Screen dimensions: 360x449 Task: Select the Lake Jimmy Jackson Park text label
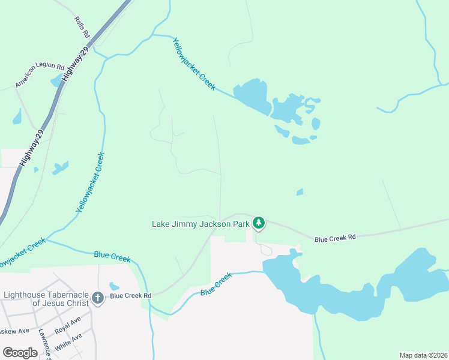(x=200, y=224)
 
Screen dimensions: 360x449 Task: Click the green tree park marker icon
(x=259, y=223)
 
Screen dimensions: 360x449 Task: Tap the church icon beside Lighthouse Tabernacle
(x=99, y=296)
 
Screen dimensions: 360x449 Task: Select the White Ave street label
(x=68, y=344)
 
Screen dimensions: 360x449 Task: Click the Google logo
(x=20, y=353)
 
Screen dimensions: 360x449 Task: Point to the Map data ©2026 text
(x=423, y=355)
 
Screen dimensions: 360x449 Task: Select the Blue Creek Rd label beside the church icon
(x=130, y=295)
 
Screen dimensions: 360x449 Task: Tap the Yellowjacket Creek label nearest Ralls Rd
(x=193, y=64)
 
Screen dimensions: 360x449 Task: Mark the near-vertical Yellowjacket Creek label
(x=91, y=183)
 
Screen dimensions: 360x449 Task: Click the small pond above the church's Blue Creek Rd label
(x=114, y=286)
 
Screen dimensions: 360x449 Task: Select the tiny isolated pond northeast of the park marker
(x=300, y=192)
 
